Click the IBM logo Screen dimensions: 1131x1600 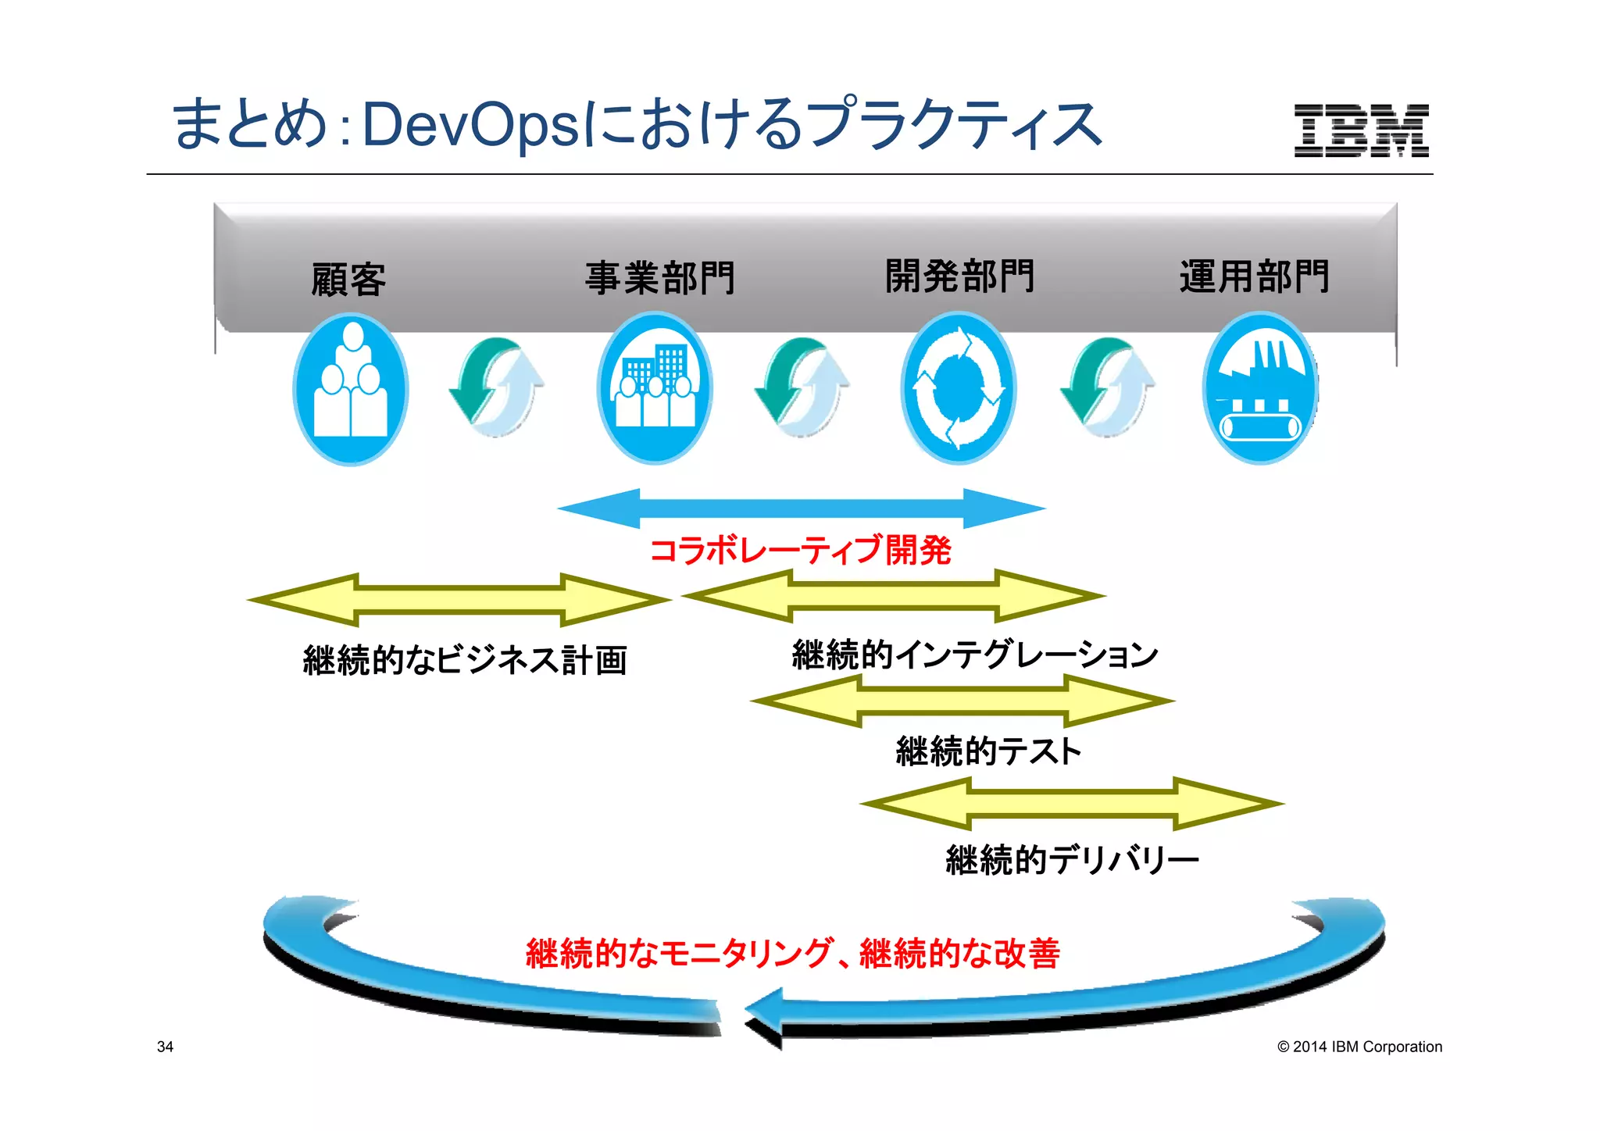1361,130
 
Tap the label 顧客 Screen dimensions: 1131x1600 348,280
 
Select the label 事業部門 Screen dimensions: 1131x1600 660,278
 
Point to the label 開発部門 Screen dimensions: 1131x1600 959,276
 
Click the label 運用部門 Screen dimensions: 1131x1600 1254,277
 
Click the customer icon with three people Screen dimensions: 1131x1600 351,388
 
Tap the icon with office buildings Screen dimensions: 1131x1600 655,388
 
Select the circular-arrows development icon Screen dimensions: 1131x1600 959,388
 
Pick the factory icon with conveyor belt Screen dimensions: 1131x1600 1260,388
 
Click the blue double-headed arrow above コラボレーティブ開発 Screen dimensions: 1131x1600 802,508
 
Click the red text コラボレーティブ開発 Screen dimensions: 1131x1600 800,550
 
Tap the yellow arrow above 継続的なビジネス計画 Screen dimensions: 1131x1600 459,600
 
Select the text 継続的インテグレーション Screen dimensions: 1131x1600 974,655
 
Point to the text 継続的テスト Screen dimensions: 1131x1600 988,751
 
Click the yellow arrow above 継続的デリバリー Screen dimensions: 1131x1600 1072,803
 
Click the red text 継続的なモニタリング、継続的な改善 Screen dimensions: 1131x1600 792,954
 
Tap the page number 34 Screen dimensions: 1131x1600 165,1047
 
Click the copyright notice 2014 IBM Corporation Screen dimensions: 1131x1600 1359,1047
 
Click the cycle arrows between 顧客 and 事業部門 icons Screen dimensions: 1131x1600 498,387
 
